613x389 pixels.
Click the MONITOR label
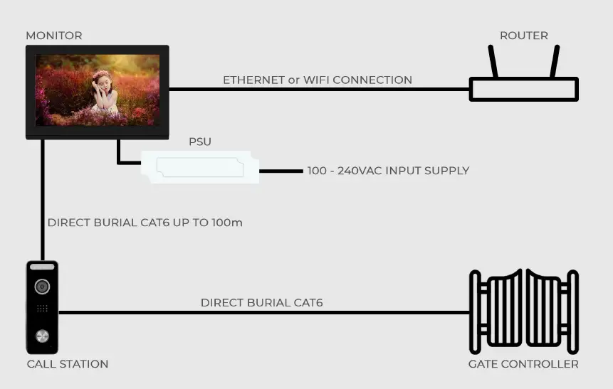(x=54, y=36)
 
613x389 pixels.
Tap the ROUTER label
(x=524, y=36)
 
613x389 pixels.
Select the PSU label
(x=200, y=142)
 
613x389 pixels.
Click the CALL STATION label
(x=68, y=364)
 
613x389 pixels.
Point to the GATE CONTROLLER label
(x=523, y=364)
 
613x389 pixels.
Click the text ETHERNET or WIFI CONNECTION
(x=318, y=80)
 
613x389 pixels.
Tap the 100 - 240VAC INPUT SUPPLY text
(x=388, y=171)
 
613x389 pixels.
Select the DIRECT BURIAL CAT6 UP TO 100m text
(x=145, y=223)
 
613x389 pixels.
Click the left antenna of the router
(x=493, y=62)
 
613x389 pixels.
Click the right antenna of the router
(x=554, y=62)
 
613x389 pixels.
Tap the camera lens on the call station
(x=43, y=287)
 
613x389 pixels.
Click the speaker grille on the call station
(x=43, y=310)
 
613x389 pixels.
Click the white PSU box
(x=199, y=168)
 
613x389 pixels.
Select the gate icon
(x=523, y=311)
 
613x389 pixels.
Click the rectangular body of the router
(x=523, y=90)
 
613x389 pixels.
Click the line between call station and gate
(x=263, y=312)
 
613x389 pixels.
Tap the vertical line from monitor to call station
(x=43, y=199)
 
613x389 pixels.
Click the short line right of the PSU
(x=281, y=171)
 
